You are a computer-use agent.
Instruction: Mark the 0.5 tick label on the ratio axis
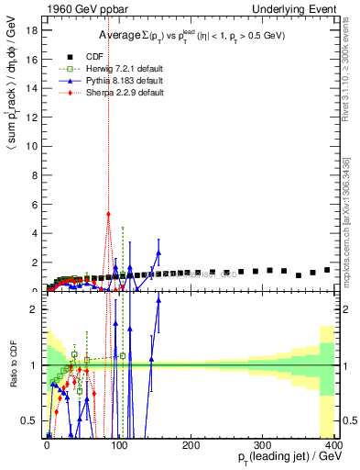(30, 420)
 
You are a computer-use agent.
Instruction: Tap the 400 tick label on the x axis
(333, 445)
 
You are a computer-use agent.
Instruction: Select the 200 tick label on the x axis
(191, 445)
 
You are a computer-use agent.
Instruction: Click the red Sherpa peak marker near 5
(108, 214)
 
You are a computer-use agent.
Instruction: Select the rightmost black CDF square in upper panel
(327, 270)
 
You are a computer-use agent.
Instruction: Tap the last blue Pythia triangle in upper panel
(158, 252)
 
